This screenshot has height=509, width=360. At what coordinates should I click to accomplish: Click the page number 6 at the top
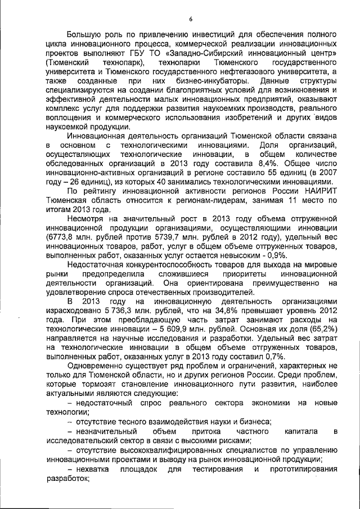click(x=191, y=20)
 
